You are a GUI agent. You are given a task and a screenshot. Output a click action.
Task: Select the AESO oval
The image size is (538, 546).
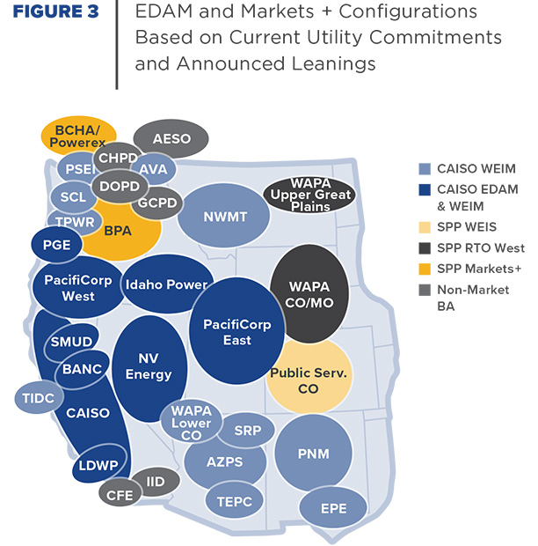coord(171,139)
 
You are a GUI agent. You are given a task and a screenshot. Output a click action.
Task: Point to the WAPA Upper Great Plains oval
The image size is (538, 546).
coord(309,195)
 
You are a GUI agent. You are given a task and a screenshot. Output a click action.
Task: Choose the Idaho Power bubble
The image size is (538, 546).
coord(166,284)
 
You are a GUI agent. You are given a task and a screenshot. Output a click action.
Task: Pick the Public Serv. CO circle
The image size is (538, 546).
coord(309,380)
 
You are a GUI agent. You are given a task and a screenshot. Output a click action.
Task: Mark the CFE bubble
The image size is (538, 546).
coord(120,495)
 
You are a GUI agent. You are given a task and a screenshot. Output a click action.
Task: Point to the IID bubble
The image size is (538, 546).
coord(156,482)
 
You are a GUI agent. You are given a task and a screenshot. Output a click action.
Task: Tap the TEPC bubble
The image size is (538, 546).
coord(234,501)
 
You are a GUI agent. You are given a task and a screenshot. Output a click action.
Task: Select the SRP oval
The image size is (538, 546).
coord(247,432)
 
